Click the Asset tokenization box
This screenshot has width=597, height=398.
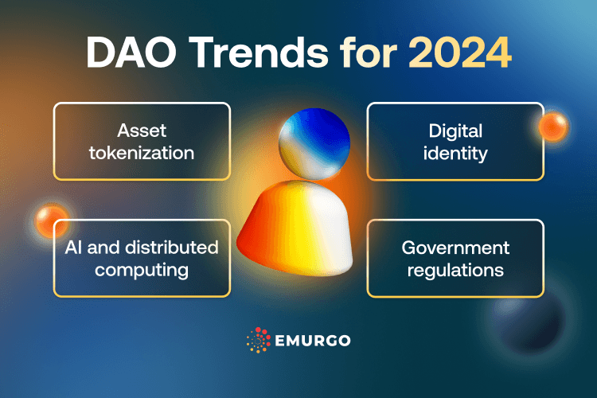point(142,141)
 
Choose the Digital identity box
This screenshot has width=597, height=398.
point(455,141)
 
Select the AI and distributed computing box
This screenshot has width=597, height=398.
point(142,259)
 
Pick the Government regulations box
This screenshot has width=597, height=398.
point(455,259)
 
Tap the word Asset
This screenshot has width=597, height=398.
point(141,130)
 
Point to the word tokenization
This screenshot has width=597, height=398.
point(142,152)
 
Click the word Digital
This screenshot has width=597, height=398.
point(455,130)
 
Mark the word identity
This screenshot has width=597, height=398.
point(455,152)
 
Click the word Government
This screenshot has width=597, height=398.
point(455,248)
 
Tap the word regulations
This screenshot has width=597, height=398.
point(455,270)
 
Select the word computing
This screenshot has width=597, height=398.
point(142,270)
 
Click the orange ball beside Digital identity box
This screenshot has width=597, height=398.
point(552,126)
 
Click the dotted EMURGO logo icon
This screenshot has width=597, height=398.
point(258,340)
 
